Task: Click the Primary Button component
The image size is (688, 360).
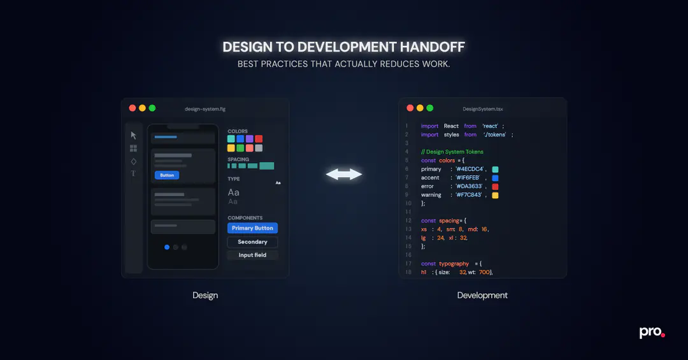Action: (x=252, y=228)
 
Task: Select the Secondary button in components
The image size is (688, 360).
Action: (x=252, y=242)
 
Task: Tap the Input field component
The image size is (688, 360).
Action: (x=252, y=255)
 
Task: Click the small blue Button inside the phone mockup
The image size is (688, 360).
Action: (x=167, y=175)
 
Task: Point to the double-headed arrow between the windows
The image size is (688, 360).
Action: (x=344, y=175)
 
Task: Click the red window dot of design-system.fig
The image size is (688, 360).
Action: (x=133, y=108)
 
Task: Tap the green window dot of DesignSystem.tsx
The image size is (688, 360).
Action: (x=430, y=108)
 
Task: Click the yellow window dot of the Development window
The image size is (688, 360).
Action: (x=420, y=108)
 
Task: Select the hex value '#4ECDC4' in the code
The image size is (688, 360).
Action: (x=469, y=169)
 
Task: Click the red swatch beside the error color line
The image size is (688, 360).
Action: (x=495, y=187)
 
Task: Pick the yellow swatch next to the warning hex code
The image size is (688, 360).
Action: (x=495, y=196)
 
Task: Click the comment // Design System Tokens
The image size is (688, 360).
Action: (x=452, y=152)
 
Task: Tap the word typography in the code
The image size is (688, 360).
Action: (x=454, y=264)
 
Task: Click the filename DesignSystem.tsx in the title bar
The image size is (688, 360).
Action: (x=483, y=109)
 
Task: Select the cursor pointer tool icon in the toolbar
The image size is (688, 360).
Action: (x=133, y=135)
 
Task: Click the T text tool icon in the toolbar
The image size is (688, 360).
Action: (x=133, y=173)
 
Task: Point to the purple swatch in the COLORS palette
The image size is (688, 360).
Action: (x=250, y=139)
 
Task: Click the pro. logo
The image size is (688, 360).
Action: (x=652, y=333)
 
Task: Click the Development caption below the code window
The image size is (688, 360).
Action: (x=482, y=296)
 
